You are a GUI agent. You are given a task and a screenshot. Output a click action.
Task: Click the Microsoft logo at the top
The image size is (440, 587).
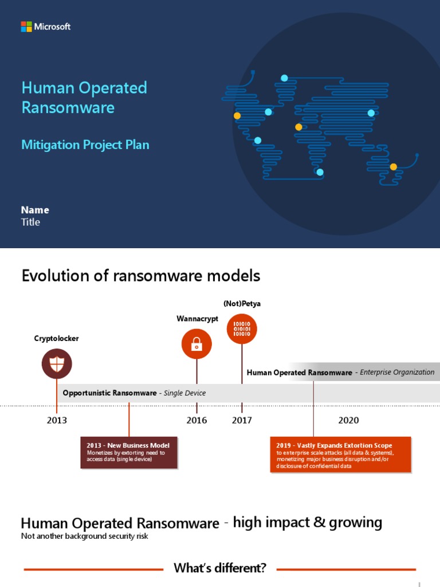coord(46,26)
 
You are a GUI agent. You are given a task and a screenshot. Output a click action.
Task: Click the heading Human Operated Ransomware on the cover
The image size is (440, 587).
coord(84,97)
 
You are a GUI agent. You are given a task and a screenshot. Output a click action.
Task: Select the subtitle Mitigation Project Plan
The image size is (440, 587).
coord(85,144)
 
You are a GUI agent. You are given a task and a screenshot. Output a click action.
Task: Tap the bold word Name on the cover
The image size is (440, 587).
coord(35,210)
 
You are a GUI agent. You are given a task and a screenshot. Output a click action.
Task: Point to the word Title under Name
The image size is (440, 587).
coord(30,222)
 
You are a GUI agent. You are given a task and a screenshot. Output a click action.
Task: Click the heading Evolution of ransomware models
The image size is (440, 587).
coord(140,276)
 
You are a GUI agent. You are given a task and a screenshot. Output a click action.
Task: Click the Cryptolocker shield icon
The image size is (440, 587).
coord(57,363)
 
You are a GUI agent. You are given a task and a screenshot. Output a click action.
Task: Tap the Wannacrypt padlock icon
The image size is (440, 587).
coord(197,344)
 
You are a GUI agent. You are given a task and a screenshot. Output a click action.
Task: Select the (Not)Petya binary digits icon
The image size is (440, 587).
coord(242,329)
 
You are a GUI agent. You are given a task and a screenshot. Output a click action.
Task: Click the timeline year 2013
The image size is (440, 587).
coord(57,420)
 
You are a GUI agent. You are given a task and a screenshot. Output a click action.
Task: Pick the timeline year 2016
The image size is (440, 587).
coord(197,420)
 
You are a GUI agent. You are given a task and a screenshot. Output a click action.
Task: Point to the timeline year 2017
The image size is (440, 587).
coord(242,420)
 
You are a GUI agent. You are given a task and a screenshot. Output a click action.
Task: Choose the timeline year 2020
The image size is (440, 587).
coord(348,420)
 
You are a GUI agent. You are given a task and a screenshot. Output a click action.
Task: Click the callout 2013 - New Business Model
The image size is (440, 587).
coord(128,452)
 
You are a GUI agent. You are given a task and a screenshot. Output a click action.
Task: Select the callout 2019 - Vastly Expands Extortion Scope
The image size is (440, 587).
coord(340,455)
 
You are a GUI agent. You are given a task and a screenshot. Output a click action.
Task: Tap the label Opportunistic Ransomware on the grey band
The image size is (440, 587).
coord(109,393)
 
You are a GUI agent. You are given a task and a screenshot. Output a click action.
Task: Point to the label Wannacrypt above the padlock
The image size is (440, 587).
coord(197,319)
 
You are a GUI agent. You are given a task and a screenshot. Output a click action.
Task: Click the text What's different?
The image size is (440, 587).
coord(220,569)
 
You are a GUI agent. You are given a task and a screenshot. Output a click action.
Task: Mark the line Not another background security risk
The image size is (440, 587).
coord(84,537)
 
